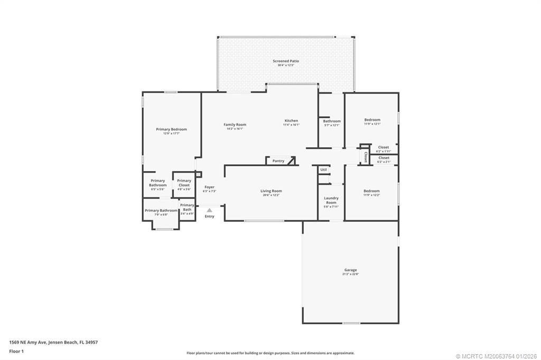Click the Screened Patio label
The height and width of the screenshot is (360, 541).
point(286,61)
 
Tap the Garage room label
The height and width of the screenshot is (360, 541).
point(351,270)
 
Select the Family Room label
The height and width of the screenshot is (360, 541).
point(235,125)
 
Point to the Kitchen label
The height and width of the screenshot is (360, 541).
point(291,121)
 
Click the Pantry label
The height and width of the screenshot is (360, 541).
point(278,161)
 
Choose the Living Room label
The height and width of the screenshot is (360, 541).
point(271,191)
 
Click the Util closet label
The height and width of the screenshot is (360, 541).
point(323,169)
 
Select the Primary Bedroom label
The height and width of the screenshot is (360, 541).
point(171,129)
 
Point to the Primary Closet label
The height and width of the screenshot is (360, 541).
point(184,183)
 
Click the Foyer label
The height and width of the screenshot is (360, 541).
point(209,187)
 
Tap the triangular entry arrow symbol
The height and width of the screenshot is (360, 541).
point(209,210)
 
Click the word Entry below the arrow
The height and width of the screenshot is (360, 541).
point(209,216)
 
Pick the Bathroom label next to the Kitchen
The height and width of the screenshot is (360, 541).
point(332,121)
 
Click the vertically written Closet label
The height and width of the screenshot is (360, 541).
point(366,157)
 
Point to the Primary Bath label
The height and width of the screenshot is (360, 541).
point(187,207)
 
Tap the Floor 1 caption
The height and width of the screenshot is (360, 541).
point(16,351)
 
